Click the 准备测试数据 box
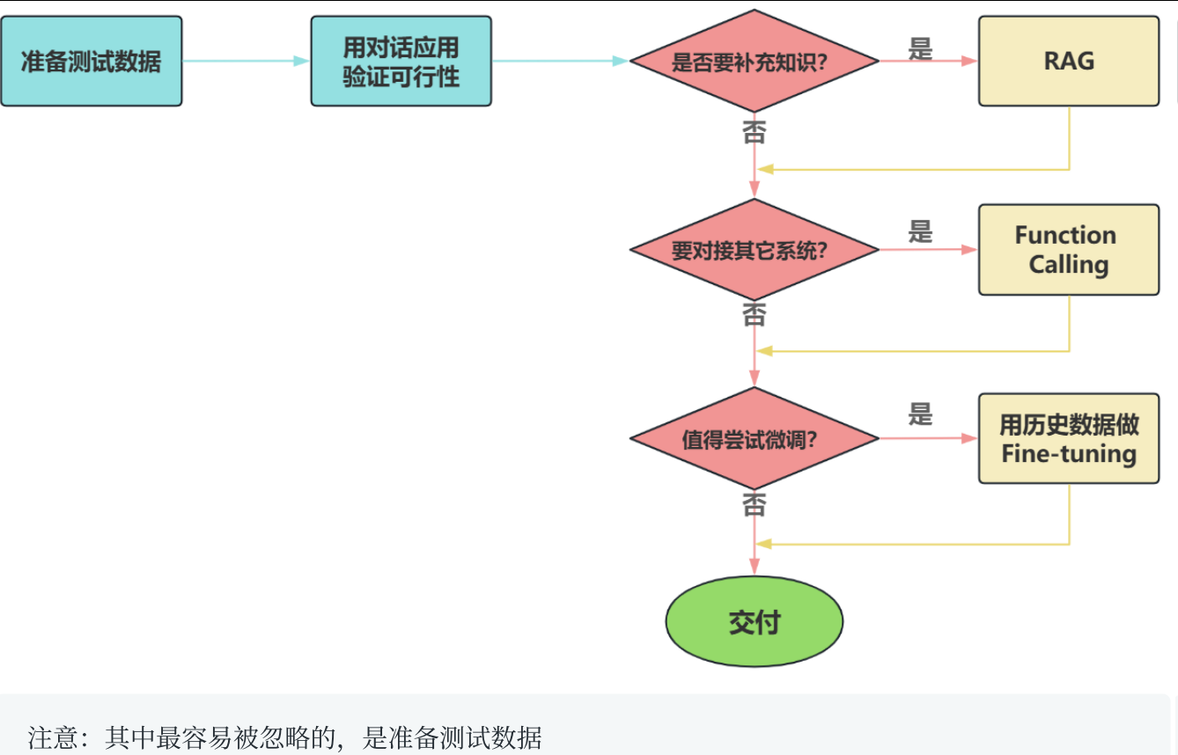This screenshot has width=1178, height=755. pos(91,62)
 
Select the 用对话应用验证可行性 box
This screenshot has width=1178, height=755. pos(401,62)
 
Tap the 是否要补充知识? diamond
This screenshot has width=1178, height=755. pos(755,62)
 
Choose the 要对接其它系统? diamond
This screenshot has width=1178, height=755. pos(755,250)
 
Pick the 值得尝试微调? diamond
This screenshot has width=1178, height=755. pos(755,438)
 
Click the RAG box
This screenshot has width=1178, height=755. pos(1069,62)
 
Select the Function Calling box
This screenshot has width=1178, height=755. pos(1069,250)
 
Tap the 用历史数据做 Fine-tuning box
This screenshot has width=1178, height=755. pos(1069,438)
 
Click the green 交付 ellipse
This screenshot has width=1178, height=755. pos(755,622)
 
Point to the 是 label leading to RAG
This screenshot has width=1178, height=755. pos(920,48)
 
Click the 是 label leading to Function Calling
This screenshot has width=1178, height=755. pos(920,231)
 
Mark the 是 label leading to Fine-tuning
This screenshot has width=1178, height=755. pos(920,414)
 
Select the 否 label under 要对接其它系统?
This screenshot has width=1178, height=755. pos(755,314)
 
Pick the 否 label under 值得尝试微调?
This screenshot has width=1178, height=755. pos(755,504)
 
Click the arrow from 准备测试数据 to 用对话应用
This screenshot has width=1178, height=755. pos(246,61)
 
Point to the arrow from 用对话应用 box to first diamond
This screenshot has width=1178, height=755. pos(559,61)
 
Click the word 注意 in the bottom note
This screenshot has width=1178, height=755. pos(53,737)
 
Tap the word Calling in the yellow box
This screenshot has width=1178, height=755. pos(1069,265)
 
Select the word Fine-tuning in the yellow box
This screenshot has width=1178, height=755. pos(1069,454)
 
